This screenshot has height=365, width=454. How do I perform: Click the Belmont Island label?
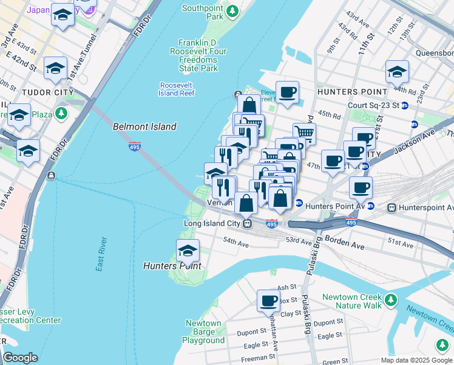click(x=144, y=127)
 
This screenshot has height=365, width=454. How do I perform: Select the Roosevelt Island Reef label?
click(x=177, y=89)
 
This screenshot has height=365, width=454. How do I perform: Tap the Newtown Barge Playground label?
click(x=203, y=332)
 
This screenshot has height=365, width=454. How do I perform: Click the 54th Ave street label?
click(x=236, y=243)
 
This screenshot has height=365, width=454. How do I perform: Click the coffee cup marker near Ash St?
click(x=268, y=300)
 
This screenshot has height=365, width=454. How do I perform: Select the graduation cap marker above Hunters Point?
click(x=188, y=250)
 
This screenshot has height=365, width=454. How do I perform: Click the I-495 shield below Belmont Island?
click(x=135, y=146)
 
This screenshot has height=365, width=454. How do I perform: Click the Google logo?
click(x=19, y=358)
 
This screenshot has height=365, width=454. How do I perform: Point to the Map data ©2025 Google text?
click(x=416, y=360)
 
